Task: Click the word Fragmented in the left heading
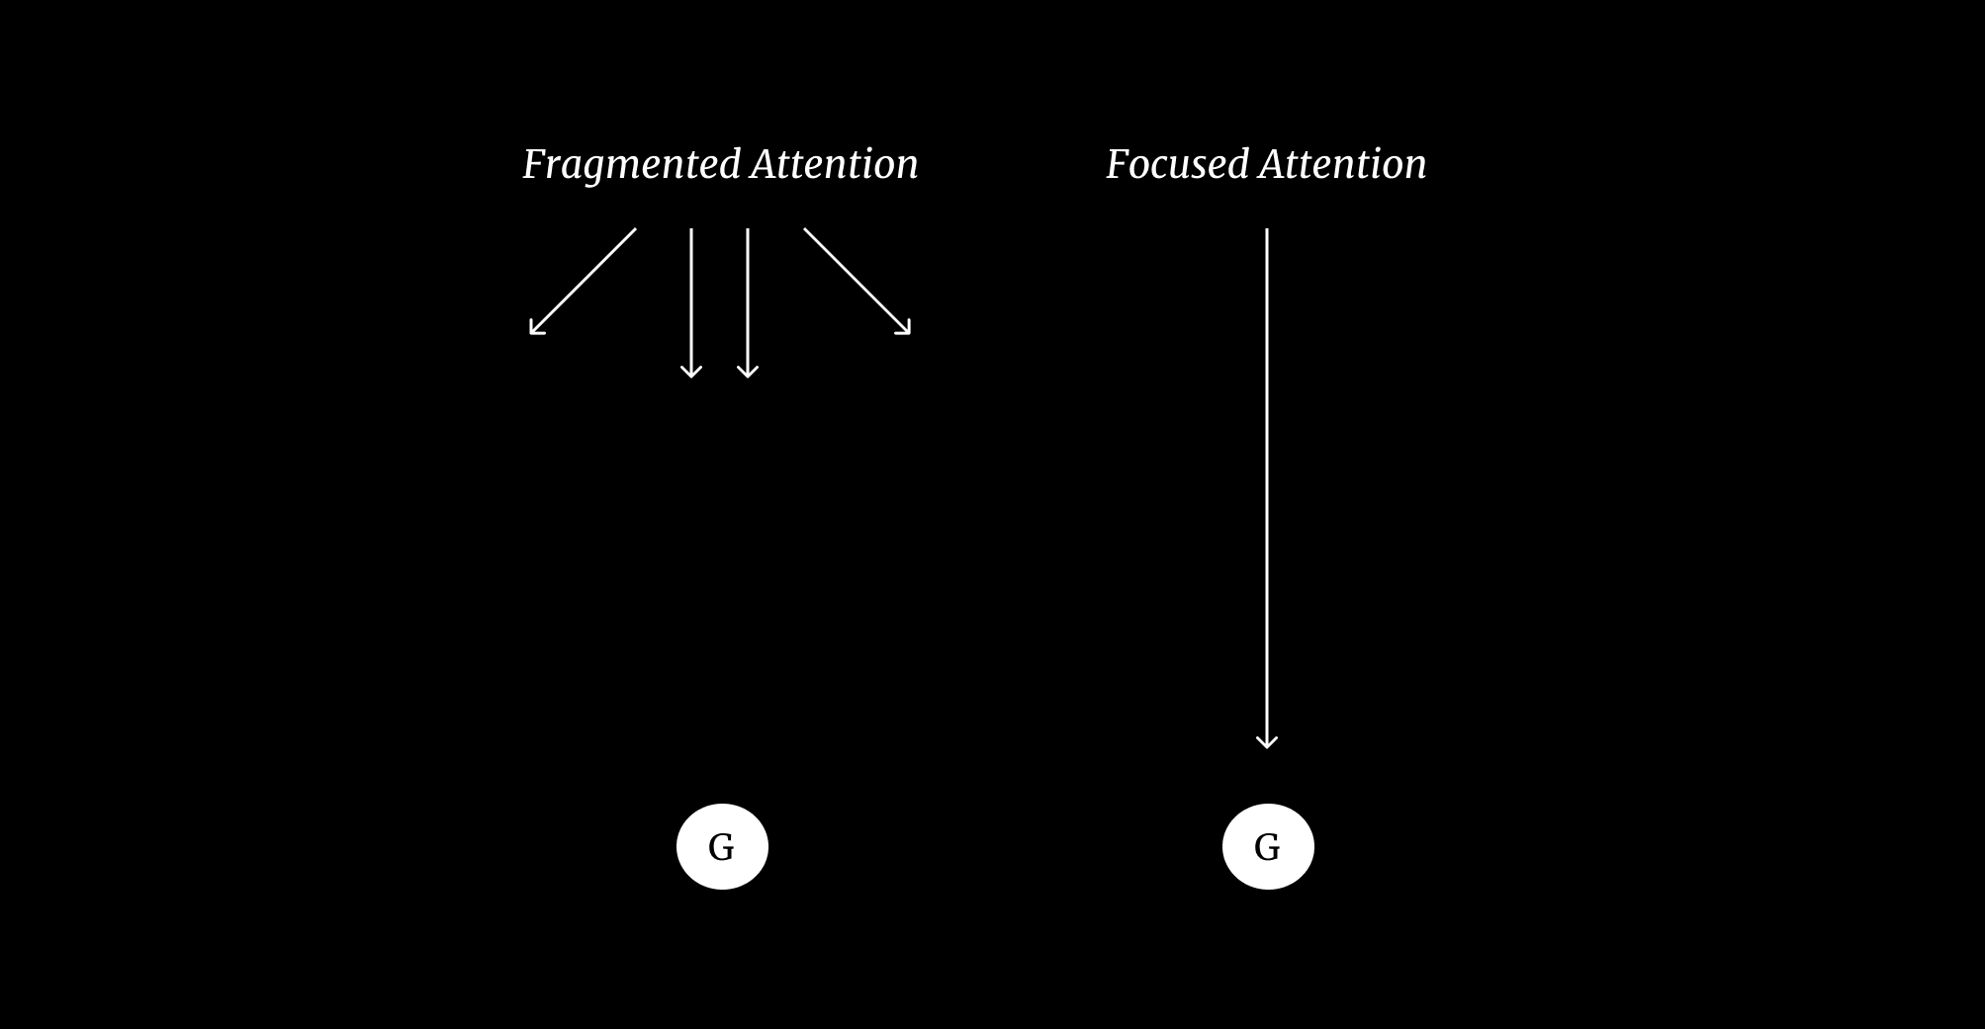point(631,165)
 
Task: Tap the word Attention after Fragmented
point(834,164)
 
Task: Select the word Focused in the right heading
point(1177,164)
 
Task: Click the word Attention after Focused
point(1342,164)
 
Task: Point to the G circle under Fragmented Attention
point(722,846)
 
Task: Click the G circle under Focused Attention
point(1268,846)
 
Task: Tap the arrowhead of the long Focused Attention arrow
point(1267,743)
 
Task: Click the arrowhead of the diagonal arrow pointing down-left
point(534,330)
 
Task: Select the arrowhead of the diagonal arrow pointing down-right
point(905,330)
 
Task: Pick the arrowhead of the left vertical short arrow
point(691,373)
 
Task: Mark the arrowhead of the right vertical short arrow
point(748,373)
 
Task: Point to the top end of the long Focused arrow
point(1267,231)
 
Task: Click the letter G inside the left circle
point(721,847)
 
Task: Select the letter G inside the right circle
point(1267,847)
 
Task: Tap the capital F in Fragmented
point(534,164)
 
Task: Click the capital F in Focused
point(1118,164)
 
